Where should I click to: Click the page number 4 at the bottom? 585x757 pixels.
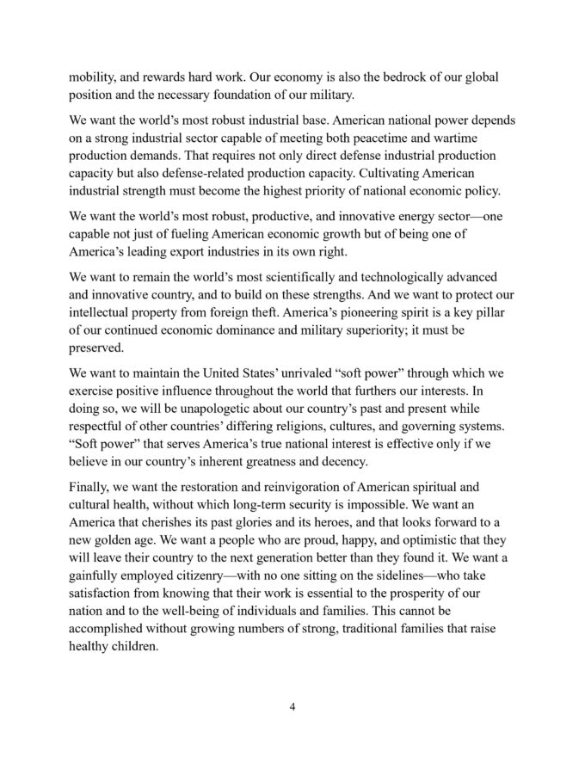point(292,708)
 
